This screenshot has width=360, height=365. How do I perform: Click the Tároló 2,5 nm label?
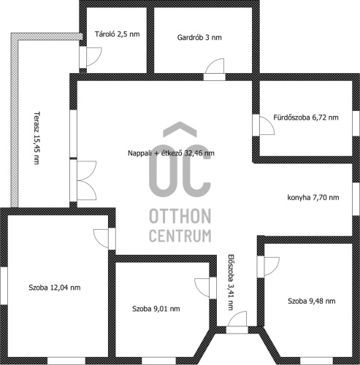(x=118, y=34)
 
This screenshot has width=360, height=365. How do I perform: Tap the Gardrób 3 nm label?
(x=199, y=37)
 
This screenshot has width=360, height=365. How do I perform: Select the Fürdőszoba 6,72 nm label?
(x=306, y=118)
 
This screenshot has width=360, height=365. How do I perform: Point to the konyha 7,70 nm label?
(x=313, y=197)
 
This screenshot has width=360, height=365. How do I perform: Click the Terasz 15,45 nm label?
(x=37, y=138)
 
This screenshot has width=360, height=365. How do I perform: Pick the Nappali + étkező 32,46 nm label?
(x=171, y=153)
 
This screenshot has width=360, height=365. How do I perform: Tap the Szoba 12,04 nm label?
(x=55, y=288)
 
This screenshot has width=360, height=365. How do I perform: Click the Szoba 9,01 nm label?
(x=156, y=309)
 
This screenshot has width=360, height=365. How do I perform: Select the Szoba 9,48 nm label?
(x=312, y=301)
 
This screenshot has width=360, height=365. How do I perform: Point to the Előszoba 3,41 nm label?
(x=231, y=283)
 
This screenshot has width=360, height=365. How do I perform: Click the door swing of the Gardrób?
(x=215, y=66)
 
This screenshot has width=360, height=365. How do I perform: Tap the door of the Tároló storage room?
(x=94, y=57)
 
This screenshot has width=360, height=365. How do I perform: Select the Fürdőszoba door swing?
(x=267, y=126)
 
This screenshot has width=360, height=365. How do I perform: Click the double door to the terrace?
(x=87, y=180)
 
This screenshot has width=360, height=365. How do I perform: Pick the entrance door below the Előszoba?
(x=237, y=318)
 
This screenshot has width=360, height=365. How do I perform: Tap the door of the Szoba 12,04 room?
(x=101, y=239)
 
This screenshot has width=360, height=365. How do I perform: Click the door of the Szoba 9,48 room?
(x=272, y=266)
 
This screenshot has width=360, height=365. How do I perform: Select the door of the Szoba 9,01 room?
(x=202, y=288)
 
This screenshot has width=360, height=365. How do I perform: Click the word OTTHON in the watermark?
(x=180, y=216)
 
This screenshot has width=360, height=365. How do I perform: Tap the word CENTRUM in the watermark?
(x=180, y=235)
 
